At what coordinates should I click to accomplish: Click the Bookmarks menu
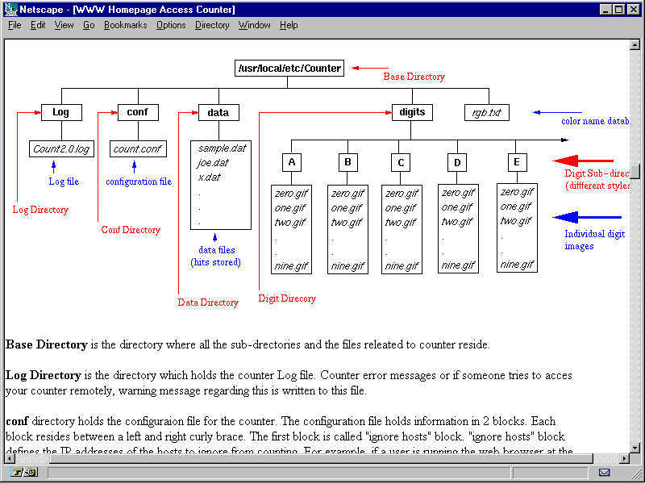click(x=125, y=25)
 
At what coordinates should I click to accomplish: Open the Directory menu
click(x=212, y=25)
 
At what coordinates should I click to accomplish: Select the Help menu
click(x=289, y=25)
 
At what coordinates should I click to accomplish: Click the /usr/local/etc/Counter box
click(x=289, y=69)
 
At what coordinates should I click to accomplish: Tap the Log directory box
click(x=60, y=113)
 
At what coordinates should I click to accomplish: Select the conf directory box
click(x=138, y=113)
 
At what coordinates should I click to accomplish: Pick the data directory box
click(x=218, y=113)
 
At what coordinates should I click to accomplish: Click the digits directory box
click(x=412, y=113)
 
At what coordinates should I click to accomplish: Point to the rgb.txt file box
click(x=487, y=113)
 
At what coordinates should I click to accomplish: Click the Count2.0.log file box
click(x=62, y=149)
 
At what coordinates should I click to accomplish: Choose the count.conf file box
click(x=138, y=149)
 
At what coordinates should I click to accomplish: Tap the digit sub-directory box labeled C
click(x=401, y=163)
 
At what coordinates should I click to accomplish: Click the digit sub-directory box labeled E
click(x=517, y=162)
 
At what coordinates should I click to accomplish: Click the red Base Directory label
click(x=414, y=77)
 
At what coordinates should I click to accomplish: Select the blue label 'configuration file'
click(x=139, y=182)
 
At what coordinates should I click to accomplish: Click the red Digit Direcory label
click(x=287, y=298)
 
